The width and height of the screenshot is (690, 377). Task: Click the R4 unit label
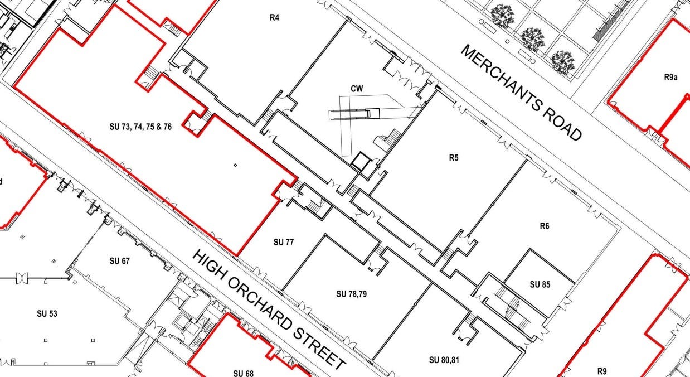pyautogui.click(x=274, y=18)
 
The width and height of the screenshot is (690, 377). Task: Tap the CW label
pyautogui.click(x=357, y=89)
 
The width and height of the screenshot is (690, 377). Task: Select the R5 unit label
pyautogui.click(x=454, y=158)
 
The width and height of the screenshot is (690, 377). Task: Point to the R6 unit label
pyautogui.click(x=545, y=226)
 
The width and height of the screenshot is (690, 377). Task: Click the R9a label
pyautogui.click(x=670, y=77)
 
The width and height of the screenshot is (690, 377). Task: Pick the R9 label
pyautogui.click(x=602, y=371)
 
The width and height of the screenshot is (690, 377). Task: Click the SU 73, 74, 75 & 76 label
pyautogui.click(x=140, y=127)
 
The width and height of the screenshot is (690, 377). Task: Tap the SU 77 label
pyautogui.click(x=283, y=242)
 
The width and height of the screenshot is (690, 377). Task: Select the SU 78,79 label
pyautogui.click(x=352, y=294)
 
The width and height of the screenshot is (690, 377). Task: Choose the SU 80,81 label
pyautogui.click(x=444, y=360)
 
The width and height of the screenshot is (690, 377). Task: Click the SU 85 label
pyautogui.click(x=540, y=284)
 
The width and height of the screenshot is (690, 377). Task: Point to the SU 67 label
pyautogui.click(x=119, y=261)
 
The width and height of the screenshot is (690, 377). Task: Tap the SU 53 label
pyautogui.click(x=47, y=314)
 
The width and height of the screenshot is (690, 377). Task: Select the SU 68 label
pyautogui.click(x=244, y=374)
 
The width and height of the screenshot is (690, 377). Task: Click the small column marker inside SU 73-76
pyautogui.click(x=236, y=165)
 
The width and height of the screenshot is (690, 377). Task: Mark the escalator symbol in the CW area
pyautogui.click(x=354, y=114)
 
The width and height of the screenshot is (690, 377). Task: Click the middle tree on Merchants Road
pyautogui.click(x=533, y=39)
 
